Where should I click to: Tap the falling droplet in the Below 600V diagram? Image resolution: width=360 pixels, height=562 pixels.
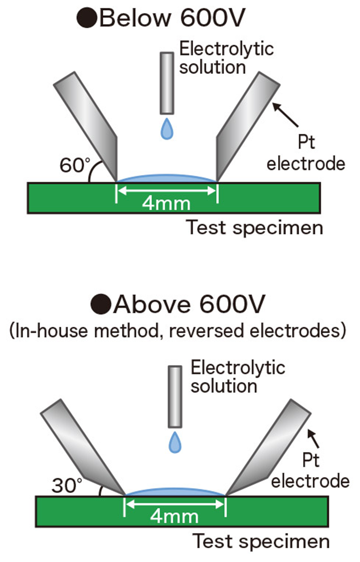pos(167,129)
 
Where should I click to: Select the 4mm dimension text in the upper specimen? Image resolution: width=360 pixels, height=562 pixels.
pos(167,203)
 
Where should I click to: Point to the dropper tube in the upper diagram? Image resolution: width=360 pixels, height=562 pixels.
pos(167,83)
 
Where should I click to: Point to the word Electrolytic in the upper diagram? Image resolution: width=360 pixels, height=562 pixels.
pos(226,49)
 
